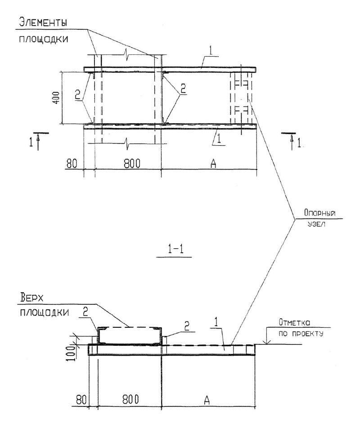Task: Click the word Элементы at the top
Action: point(43,22)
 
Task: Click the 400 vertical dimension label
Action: point(56,98)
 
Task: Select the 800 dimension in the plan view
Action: point(132,164)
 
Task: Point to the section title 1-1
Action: point(174,250)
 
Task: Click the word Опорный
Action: point(319,213)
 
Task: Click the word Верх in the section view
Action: point(32,298)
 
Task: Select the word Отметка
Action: point(294,322)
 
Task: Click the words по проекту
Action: point(301,334)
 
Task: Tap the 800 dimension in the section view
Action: point(130,400)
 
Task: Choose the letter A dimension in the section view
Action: point(207,400)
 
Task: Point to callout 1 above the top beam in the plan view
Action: point(211,52)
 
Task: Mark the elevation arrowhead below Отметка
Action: point(266,343)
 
